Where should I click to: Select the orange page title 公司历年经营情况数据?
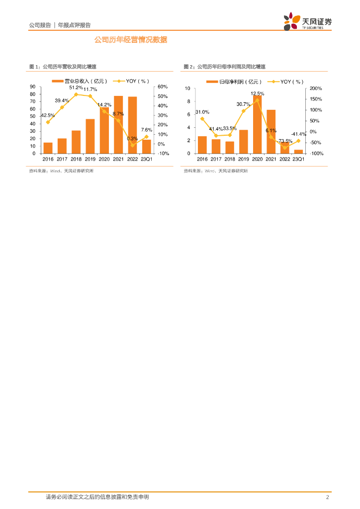131,40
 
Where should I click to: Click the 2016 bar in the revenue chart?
48,148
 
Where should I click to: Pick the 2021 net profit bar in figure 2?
271,131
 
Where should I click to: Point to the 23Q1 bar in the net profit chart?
298,151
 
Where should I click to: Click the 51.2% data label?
76,87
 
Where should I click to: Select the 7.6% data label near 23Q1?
146,130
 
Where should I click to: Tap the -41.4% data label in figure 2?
298,134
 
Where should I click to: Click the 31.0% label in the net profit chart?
202,112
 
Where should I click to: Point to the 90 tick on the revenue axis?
32,86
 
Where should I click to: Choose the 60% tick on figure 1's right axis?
163,86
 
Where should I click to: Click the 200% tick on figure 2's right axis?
316,88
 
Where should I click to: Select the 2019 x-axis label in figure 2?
244,159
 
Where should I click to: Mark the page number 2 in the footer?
327,497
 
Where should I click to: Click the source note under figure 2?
215,171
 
